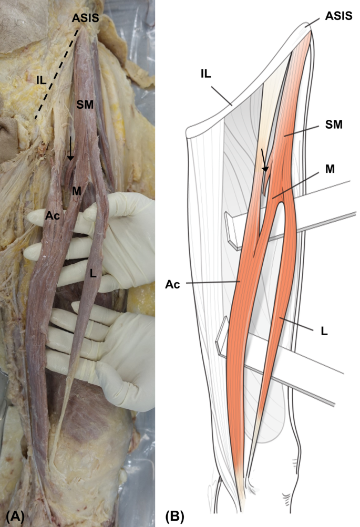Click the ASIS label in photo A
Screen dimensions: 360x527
pyautogui.click(x=85, y=18)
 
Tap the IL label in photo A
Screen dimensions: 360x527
pyautogui.click(x=42, y=79)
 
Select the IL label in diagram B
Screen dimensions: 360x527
pyautogui.click(x=205, y=75)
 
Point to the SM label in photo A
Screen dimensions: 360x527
pyautogui.click(x=85, y=105)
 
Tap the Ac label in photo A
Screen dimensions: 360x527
pyautogui.click(x=52, y=215)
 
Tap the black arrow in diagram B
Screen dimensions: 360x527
pyautogui.click(x=264, y=160)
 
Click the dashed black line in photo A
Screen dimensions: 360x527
pyautogui.click(x=58, y=74)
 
